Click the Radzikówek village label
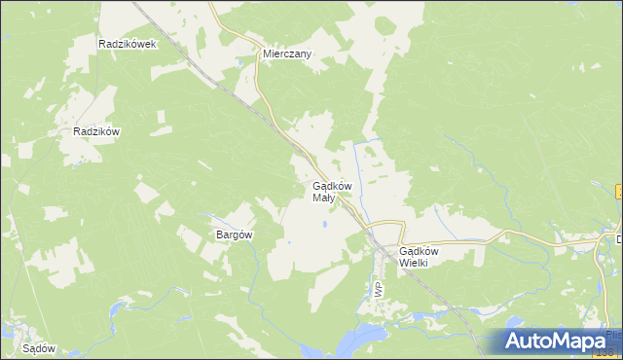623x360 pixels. click(128, 45)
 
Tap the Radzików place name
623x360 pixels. click(96, 132)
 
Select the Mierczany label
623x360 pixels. click(286, 54)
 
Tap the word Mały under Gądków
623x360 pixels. click(323, 198)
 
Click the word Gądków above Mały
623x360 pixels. click(331, 186)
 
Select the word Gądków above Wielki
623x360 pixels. click(420, 251)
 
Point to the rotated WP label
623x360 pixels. click(377, 290)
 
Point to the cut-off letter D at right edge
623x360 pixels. click(618, 238)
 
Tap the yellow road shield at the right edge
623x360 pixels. click(619, 192)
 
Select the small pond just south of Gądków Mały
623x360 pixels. click(325, 227)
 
